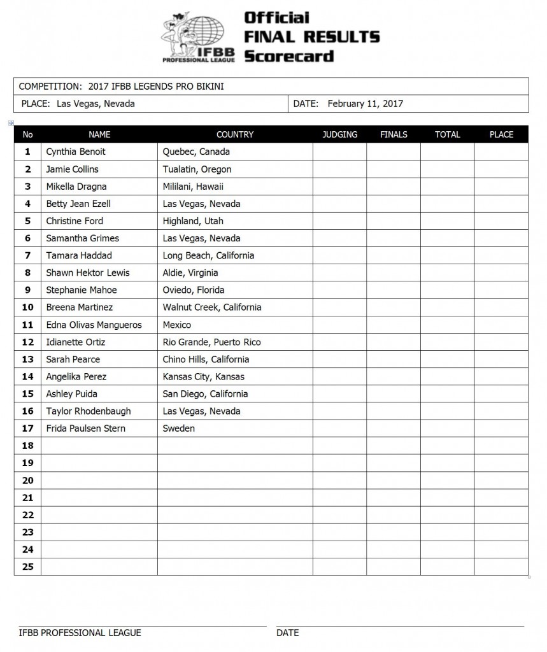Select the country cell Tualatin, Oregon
coord(197,169)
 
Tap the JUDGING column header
coord(339,134)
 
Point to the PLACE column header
coord(501,134)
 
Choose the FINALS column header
coord(394,134)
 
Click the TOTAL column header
coord(447,134)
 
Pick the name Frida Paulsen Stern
coord(85,429)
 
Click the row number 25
coord(27,566)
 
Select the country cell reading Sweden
coord(178,429)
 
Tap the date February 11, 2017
coord(365,104)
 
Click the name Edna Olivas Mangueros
coord(94,325)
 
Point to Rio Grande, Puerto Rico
coord(211,342)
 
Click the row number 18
coord(27,446)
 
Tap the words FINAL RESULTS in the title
coord(311,36)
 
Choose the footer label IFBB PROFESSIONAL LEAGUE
coord(80,633)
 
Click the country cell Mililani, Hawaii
coord(193,187)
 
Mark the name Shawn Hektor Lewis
coord(87,273)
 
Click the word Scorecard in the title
coord(288,55)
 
